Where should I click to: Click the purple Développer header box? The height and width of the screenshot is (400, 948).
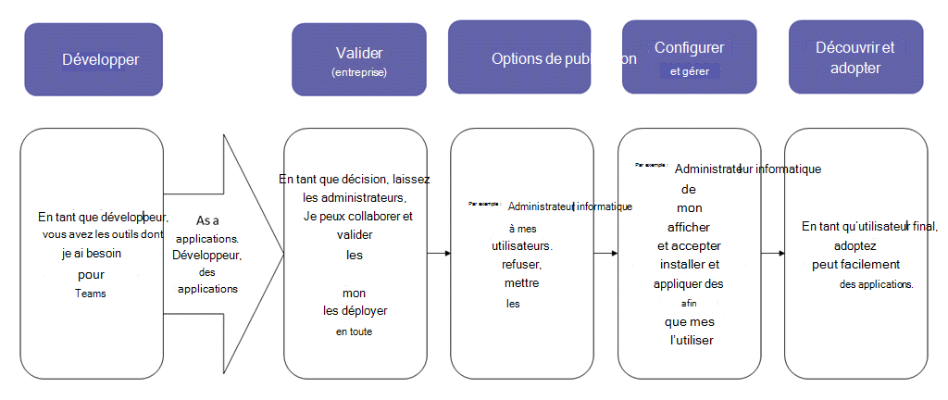(x=94, y=60)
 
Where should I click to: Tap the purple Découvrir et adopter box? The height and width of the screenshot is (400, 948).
(x=855, y=57)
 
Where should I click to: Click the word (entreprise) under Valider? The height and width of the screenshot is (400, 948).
(x=359, y=71)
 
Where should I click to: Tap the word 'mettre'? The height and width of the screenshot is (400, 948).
(x=522, y=282)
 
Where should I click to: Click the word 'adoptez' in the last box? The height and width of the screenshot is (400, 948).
(x=856, y=246)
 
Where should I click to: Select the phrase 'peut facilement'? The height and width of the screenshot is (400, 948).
(x=856, y=265)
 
